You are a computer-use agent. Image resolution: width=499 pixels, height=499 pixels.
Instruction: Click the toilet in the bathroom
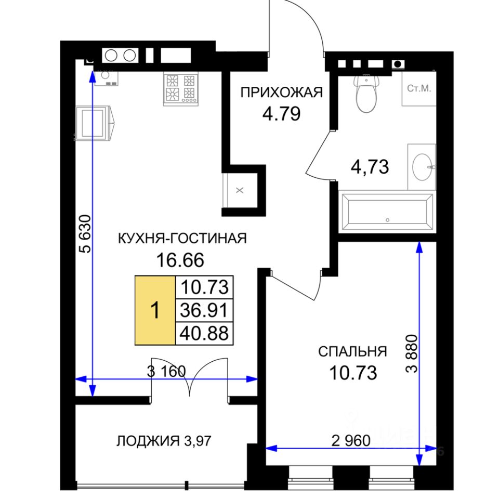[366, 94]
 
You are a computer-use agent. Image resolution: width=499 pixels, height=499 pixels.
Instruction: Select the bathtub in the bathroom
[387, 211]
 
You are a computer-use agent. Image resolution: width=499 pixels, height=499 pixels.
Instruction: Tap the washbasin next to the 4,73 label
[422, 167]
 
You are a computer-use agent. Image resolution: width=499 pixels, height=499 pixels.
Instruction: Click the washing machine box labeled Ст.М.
[419, 88]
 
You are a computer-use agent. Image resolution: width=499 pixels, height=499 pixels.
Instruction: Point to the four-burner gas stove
[181, 89]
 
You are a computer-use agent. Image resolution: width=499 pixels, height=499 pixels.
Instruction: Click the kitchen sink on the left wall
[93, 123]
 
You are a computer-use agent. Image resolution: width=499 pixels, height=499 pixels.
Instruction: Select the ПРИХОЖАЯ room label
[281, 93]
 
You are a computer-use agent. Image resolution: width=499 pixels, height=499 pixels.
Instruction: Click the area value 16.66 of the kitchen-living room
[180, 260]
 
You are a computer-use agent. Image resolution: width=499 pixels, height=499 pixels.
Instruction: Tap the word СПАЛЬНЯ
[352, 352]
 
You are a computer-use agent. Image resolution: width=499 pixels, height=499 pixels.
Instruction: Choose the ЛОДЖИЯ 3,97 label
[164, 441]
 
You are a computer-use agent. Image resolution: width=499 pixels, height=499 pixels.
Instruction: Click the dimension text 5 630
[85, 234]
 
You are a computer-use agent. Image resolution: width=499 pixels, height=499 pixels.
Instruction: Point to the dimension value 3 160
[166, 371]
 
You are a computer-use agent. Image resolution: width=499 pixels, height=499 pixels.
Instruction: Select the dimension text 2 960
[351, 441]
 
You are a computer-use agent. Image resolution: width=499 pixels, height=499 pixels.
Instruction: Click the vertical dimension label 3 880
[411, 353]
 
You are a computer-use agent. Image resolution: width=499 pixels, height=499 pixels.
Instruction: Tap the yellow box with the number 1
[155, 310]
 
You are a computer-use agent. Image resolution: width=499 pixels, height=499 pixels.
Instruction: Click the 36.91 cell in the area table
[204, 310]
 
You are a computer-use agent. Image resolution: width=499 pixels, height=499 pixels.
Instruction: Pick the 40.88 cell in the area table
[204, 334]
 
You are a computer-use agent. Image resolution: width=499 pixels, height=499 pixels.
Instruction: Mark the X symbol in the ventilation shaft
[240, 190]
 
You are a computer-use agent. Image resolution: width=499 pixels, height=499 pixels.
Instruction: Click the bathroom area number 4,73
[370, 167]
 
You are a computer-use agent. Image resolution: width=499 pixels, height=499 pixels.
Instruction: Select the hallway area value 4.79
[281, 114]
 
